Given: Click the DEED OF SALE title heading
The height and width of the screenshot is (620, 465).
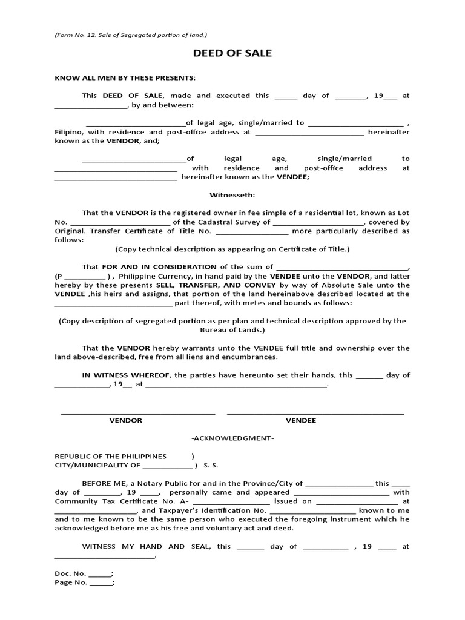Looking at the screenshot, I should click(232, 53).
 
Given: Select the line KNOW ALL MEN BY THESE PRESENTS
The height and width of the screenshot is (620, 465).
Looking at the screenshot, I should click(125, 78).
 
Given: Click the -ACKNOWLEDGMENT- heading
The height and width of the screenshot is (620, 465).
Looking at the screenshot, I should click(232, 438).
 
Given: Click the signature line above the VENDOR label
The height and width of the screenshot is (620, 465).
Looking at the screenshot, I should click(138, 414).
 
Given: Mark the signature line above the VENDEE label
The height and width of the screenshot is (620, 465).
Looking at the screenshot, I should click(315, 414).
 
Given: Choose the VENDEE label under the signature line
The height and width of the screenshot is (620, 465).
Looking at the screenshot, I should click(301, 420).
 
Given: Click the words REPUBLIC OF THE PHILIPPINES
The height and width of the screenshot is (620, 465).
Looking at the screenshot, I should click(110, 456).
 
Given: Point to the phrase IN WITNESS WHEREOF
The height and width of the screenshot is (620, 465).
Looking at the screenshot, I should click(127, 375).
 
